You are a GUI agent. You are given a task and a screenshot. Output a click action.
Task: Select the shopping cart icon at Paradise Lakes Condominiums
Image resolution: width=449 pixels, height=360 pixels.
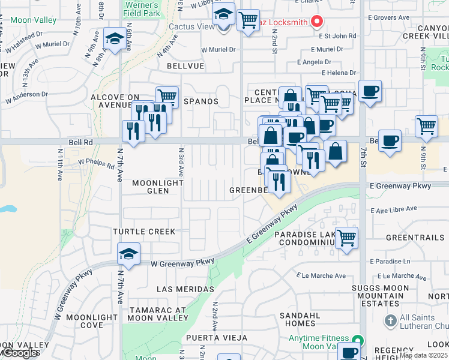(x=347, y=238)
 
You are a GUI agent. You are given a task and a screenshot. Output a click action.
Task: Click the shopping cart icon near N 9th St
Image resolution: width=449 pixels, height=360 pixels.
(x=426, y=126)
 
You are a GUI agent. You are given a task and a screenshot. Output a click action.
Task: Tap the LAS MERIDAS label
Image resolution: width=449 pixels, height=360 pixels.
(x=185, y=289)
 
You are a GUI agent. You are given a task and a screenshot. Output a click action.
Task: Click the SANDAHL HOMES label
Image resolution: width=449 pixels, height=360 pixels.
(x=301, y=319)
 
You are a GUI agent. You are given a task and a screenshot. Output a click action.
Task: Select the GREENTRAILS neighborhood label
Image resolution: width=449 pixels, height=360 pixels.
(x=415, y=238)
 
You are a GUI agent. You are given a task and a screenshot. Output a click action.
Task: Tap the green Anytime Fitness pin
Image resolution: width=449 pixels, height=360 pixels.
(x=358, y=338)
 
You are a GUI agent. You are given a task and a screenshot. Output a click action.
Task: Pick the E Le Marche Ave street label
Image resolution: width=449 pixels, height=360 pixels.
(x=322, y=276)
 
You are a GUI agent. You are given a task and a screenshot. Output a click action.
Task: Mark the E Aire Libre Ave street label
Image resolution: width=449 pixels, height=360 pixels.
(x=394, y=209)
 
